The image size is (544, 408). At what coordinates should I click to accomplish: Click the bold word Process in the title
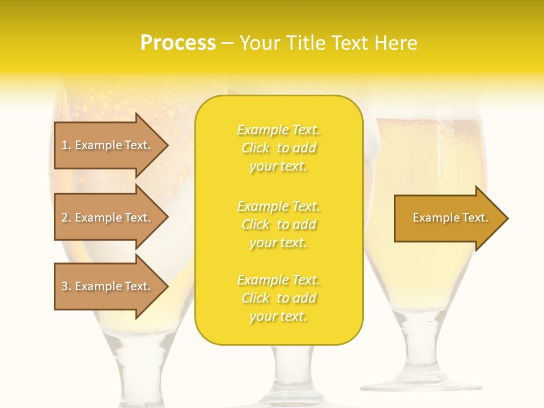pyautogui.click(x=178, y=43)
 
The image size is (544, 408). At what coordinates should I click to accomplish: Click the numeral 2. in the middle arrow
pyautogui.click(x=66, y=218)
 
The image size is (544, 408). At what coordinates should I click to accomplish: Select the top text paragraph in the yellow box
pyautogui.click(x=278, y=148)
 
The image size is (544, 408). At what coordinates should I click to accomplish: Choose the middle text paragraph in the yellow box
pyautogui.click(x=278, y=224)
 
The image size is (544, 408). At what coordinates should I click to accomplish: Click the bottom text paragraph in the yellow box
pyautogui.click(x=278, y=298)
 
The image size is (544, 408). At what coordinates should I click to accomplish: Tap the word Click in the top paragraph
pyautogui.click(x=256, y=148)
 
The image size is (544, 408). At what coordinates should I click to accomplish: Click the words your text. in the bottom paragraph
pyautogui.click(x=278, y=316)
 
